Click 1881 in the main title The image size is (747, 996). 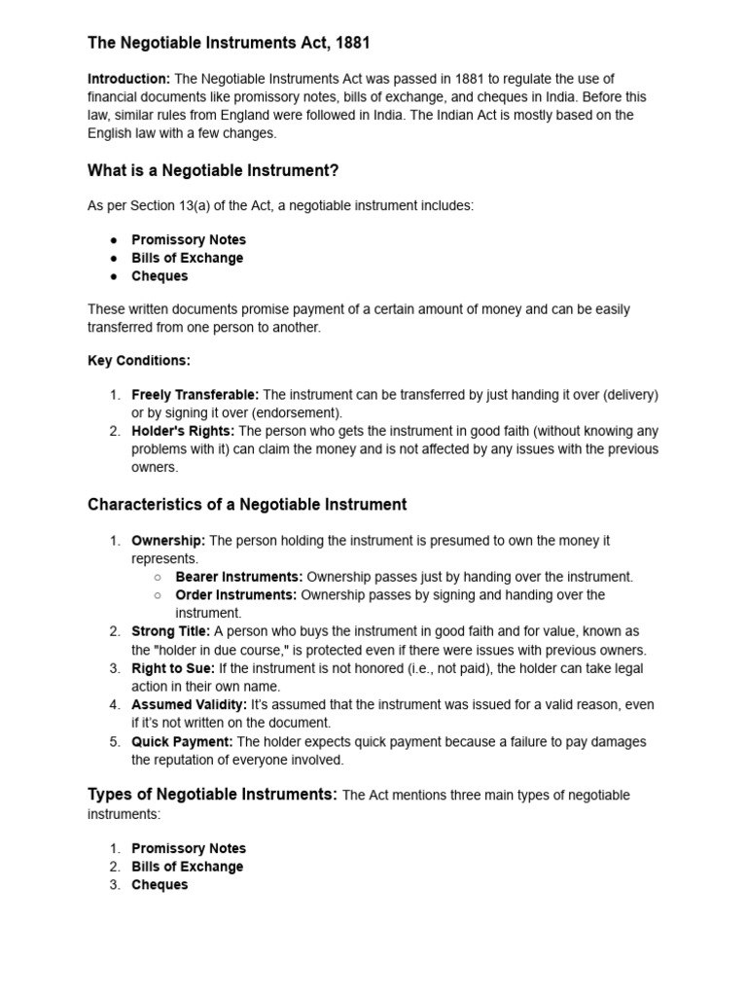[x=351, y=43]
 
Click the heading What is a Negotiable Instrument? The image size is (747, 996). [x=213, y=171]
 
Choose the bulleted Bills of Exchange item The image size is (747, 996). [x=188, y=258]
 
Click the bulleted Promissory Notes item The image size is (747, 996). [x=189, y=239]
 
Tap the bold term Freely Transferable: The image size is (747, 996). [x=196, y=395]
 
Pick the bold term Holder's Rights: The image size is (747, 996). [x=183, y=431]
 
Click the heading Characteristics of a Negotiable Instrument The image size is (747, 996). [x=247, y=505]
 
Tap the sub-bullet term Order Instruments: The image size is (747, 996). [x=236, y=594]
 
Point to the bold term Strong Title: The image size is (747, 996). [x=170, y=631]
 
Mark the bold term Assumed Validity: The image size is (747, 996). [x=190, y=704]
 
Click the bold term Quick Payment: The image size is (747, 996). [x=182, y=741]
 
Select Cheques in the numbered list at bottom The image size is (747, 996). [x=160, y=885]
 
